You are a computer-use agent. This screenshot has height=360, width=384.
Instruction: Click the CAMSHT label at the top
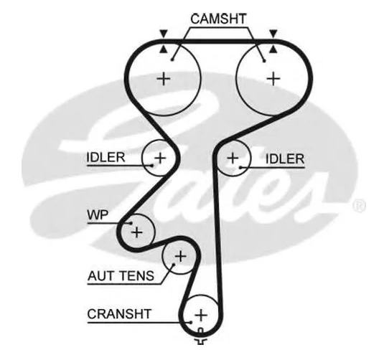pos(218,19)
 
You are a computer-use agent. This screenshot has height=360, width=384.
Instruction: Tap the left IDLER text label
pos(106,157)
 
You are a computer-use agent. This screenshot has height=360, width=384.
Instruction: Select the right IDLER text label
pos(285,159)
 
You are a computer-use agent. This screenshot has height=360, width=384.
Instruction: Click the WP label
pos(98,215)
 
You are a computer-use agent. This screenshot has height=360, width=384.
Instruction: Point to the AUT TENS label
pos(121,276)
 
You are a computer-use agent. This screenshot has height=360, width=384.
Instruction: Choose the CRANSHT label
pos(119,314)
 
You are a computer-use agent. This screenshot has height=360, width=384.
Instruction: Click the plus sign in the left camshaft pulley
pos(164,79)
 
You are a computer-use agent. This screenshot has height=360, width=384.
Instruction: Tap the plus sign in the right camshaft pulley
pos(273,79)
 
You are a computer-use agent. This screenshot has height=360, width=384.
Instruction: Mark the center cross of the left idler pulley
pos(160,158)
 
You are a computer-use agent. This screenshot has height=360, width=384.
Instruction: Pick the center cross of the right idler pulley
pos(233,158)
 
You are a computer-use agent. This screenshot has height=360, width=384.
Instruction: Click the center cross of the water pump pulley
pos(137,232)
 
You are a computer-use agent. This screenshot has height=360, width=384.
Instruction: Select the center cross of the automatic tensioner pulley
pos(180,256)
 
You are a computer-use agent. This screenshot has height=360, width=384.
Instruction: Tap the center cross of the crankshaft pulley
pos(201,315)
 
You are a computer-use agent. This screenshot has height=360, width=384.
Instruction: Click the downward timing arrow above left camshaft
pos(164,33)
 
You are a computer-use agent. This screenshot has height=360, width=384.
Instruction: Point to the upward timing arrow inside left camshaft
pos(164,49)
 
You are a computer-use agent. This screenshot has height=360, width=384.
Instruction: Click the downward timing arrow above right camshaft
pos(273,33)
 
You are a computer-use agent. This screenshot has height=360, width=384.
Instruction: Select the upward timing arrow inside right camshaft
pos(273,49)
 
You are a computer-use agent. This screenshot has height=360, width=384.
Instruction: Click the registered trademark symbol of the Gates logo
pos(360,205)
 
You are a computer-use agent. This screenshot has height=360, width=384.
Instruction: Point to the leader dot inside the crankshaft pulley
pos(191,322)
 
